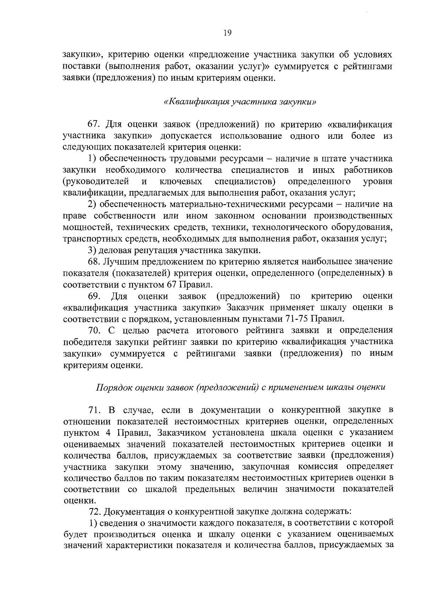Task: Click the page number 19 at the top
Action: click(228, 33)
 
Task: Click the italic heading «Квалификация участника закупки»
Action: click(240, 102)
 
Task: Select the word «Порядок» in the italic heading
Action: click(113, 387)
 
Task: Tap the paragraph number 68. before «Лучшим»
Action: click(94, 262)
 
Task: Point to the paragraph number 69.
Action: click(94, 296)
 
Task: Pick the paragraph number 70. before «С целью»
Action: click(94, 330)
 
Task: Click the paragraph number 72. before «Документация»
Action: click(94, 512)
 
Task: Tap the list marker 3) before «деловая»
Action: click(92, 251)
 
